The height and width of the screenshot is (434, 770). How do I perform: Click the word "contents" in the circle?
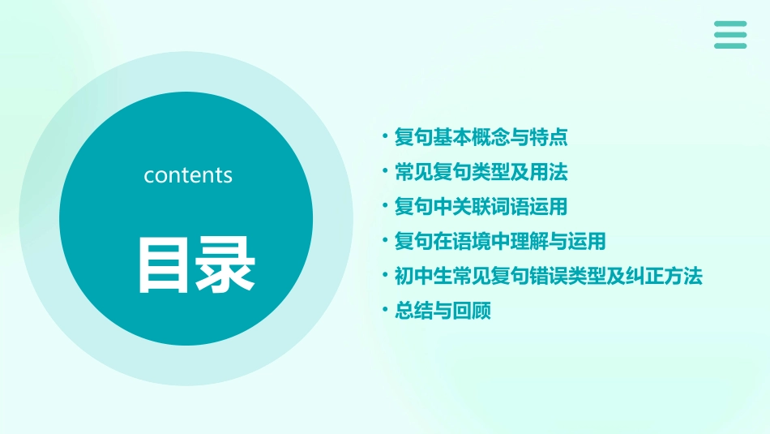click(188, 175)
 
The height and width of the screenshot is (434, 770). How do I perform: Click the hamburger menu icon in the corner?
click(730, 35)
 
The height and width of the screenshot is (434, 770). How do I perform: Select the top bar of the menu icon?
click(730, 24)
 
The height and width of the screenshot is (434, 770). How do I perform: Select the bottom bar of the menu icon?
click(730, 46)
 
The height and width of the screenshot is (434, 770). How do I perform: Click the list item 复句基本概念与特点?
click(481, 137)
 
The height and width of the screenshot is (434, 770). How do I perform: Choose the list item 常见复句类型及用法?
click(481, 172)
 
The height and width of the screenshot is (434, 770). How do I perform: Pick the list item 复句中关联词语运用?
click(481, 207)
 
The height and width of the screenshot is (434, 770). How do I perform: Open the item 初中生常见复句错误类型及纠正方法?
click(548, 277)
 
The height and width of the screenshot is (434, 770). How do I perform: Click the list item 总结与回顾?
click(443, 312)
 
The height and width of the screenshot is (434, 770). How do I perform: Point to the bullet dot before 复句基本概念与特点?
click(386, 137)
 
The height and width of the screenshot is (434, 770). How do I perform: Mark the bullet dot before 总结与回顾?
click(386, 312)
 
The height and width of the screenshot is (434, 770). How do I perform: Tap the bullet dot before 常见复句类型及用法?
click(386, 172)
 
